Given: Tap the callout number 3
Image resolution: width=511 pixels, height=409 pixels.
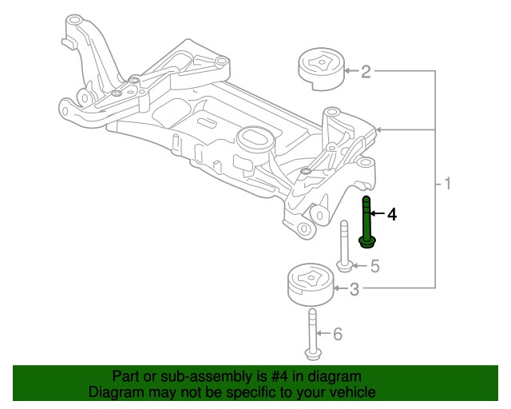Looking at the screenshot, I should [355, 290].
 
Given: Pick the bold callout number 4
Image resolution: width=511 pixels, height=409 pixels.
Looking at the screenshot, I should [391, 214].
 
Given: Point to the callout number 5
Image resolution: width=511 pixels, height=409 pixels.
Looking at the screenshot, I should [374, 266].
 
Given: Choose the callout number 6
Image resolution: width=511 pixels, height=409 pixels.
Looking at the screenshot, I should [337, 334].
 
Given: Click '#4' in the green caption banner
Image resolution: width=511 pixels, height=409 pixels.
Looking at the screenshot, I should [282, 376].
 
